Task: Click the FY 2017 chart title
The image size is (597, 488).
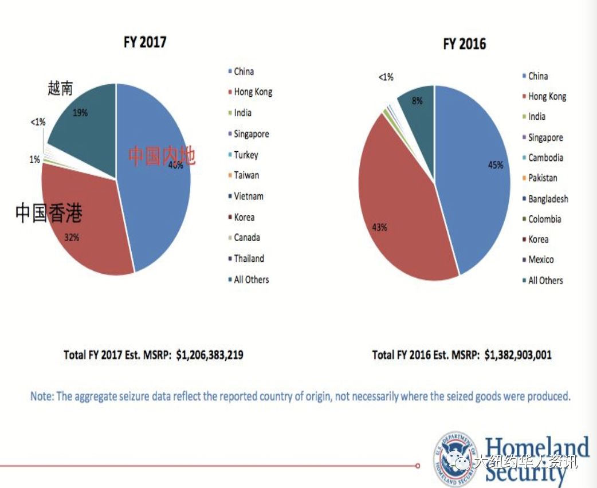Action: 145,42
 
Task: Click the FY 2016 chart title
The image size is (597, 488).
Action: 464,44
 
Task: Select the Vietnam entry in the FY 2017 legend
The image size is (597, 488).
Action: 248,196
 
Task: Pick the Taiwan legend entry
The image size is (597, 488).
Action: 246,175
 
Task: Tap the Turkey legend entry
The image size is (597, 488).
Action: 246,155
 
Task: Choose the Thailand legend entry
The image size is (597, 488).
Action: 249,258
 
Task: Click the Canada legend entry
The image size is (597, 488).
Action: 246,238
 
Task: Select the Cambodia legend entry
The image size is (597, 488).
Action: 545,158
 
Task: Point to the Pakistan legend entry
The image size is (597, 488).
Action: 542,178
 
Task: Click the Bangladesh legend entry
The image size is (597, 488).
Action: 548,199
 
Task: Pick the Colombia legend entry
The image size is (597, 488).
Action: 544,219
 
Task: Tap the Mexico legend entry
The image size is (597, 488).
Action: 541,260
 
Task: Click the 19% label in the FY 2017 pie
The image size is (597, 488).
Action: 80,113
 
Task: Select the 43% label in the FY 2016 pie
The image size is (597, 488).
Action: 379,227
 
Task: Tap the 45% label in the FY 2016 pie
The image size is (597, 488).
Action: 495,165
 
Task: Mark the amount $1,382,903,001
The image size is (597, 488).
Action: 518,355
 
